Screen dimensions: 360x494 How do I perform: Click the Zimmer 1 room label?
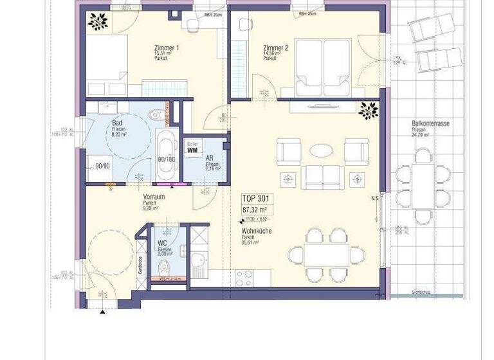[167, 48]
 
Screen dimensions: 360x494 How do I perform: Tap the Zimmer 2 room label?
[275, 48]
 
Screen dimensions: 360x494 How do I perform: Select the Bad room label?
[117, 123]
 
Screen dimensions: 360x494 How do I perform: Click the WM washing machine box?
[192, 150]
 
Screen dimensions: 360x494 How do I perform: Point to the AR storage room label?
[209, 157]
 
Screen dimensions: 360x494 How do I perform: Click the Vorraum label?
[155, 198]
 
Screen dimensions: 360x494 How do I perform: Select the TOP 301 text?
[256, 199]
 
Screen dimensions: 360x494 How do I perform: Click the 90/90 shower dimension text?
[102, 165]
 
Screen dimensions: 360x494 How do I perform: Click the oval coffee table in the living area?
[322, 150]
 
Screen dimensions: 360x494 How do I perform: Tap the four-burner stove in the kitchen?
[244, 278]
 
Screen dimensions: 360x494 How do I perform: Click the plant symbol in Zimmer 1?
[98, 22]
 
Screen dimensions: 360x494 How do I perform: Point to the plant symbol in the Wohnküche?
[369, 111]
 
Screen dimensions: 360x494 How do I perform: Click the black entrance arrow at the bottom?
[102, 312]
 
